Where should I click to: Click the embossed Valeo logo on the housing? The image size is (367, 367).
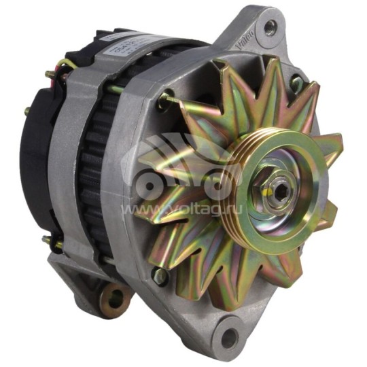click(243, 40)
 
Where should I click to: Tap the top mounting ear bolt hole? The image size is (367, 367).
click(270, 27)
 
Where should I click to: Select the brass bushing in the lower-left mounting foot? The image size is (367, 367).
click(113, 296)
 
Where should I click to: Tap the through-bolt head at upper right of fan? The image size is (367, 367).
click(296, 82)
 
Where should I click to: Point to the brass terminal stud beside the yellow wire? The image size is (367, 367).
click(51, 74)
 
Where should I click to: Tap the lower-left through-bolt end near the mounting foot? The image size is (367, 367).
click(48, 241)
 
